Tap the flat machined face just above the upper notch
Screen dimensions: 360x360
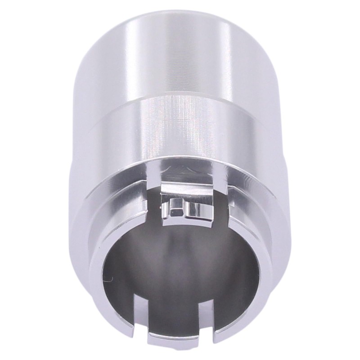click(x=189, y=173)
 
